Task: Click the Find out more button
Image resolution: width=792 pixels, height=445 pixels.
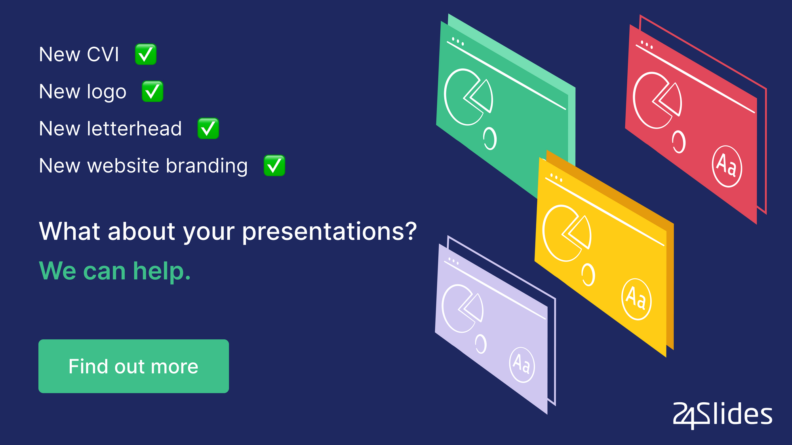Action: pyautogui.click(x=133, y=366)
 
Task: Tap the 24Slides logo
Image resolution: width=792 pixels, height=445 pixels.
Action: pyautogui.click(x=723, y=415)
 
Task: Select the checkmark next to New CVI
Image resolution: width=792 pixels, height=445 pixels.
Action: pyautogui.click(x=146, y=54)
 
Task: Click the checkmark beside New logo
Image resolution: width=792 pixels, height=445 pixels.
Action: pyautogui.click(x=152, y=91)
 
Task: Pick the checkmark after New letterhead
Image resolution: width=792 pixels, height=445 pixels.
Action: pyautogui.click(x=208, y=129)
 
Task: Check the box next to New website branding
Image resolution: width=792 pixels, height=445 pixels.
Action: pyautogui.click(x=274, y=165)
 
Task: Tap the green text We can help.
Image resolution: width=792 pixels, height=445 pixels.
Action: pyautogui.click(x=115, y=271)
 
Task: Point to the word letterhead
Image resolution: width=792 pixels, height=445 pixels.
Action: pyautogui.click(x=134, y=129)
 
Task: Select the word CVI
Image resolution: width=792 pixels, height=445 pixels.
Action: pyautogui.click(x=103, y=54)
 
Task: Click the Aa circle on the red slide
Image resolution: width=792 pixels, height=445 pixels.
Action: pyautogui.click(x=727, y=166)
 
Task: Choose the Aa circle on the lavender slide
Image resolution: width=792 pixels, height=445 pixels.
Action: pyautogui.click(x=522, y=365)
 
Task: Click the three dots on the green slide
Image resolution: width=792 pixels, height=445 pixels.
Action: pyautogui.click(x=458, y=41)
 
